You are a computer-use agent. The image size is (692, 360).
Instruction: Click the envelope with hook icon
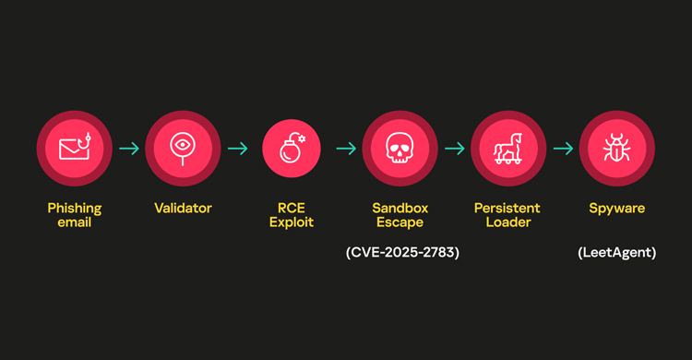(x=74, y=148)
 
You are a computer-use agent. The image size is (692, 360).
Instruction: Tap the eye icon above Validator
(x=183, y=148)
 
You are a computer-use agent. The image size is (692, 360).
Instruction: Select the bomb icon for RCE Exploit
(x=292, y=148)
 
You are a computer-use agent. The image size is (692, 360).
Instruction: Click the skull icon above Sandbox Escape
(x=400, y=148)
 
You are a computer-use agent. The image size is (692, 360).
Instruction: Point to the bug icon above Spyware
(x=616, y=148)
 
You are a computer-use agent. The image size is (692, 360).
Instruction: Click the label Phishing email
(x=74, y=215)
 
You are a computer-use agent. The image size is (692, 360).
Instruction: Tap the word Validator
(x=183, y=209)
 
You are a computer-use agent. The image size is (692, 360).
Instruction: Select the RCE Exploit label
(x=292, y=215)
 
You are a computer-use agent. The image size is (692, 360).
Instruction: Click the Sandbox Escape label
(x=400, y=215)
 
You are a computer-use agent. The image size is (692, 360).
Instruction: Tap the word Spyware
(x=616, y=209)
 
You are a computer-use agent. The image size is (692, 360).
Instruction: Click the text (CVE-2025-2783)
(x=400, y=252)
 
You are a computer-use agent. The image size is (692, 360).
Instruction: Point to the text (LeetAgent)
(x=616, y=252)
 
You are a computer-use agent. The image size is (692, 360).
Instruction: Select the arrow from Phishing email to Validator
(x=128, y=148)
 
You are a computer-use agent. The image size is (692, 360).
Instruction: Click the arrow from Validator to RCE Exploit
(x=237, y=148)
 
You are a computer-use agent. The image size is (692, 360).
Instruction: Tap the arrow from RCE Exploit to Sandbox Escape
(x=346, y=148)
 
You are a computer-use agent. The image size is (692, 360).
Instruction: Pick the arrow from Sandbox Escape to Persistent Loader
(x=454, y=148)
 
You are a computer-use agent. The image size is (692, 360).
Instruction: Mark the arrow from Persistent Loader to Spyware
(x=563, y=148)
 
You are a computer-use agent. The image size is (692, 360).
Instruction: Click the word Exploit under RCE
(x=292, y=222)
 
